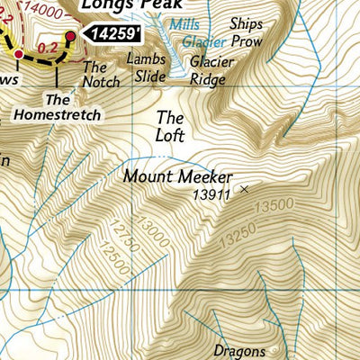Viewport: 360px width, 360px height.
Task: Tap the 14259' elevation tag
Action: [112, 34]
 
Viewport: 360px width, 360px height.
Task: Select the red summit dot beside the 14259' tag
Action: [69, 35]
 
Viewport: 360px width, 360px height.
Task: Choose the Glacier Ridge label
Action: [211, 70]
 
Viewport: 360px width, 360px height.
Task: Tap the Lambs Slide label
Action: [147, 67]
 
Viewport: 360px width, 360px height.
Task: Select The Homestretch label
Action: [58, 107]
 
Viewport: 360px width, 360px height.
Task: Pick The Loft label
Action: [170, 126]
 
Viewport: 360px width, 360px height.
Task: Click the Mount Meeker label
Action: [177, 177]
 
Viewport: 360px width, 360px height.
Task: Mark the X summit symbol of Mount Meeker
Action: [244, 189]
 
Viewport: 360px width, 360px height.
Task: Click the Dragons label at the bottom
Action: [239, 350]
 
